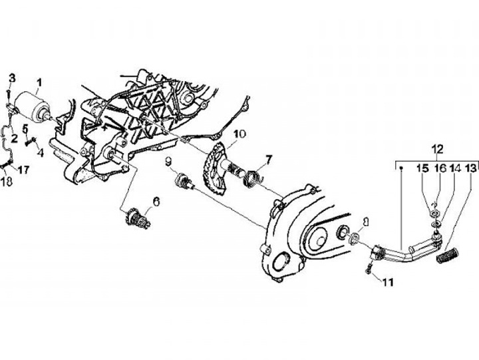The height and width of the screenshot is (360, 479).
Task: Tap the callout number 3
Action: [x=9, y=79]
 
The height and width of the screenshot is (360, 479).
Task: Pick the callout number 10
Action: [x=239, y=134]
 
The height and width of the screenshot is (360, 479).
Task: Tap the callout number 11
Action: [x=388, y=282]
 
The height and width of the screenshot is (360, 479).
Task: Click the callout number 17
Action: [x=24, y=170]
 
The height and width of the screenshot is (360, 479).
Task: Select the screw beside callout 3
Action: [x=10, y=94]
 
